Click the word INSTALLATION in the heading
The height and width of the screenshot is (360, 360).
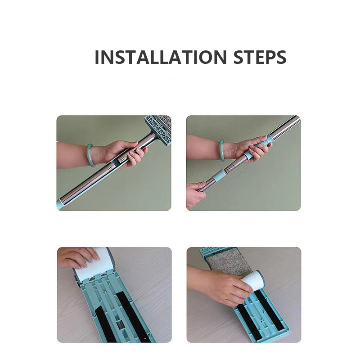161,57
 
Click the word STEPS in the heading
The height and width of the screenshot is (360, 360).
260,57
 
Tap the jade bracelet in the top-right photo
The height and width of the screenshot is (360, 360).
222,150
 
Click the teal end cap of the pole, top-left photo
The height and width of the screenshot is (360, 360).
59,204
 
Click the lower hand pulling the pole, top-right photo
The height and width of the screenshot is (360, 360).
195,194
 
